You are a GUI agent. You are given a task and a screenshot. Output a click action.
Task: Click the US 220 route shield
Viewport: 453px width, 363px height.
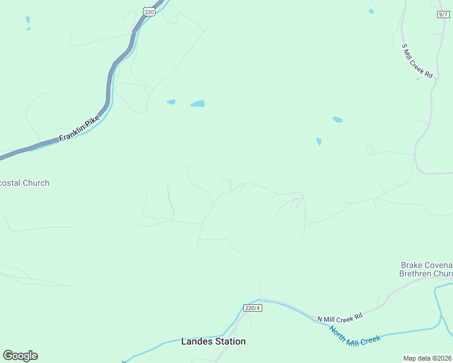150,11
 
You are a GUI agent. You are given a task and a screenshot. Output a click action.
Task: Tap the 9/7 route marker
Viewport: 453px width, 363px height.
444,14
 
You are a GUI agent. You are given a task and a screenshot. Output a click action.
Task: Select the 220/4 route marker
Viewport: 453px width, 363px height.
253,308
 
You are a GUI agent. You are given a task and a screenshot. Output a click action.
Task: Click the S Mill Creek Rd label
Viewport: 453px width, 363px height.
418,61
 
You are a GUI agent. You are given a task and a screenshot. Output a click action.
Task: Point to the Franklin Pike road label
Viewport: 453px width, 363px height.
79,130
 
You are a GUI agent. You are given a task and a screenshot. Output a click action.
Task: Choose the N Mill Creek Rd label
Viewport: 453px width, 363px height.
340,316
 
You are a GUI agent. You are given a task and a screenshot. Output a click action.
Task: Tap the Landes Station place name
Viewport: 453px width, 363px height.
213,341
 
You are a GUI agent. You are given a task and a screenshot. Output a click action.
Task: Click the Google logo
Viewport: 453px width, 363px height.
20,356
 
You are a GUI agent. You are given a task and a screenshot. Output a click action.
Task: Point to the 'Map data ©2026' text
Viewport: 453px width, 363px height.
427,358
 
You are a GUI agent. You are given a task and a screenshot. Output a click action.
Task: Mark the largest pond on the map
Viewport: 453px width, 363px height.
197,104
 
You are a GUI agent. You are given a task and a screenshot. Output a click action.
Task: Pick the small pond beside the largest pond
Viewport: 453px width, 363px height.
171,102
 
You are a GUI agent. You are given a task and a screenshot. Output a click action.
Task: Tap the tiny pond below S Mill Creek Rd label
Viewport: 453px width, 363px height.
418,79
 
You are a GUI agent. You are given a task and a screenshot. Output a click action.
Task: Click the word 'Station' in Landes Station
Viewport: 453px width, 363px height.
230,341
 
